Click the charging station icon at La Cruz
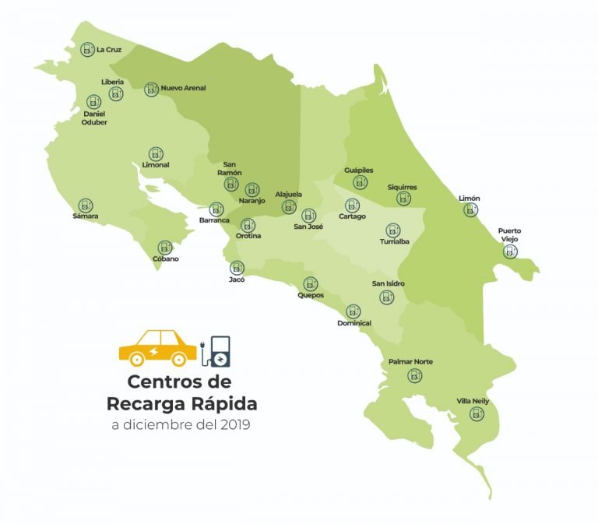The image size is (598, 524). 87,50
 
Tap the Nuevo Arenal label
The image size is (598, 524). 183,89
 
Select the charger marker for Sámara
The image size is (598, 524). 86,204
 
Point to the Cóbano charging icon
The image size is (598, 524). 165,248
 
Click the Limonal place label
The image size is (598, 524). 156,165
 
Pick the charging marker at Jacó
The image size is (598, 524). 237,267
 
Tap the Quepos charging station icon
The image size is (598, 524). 311,284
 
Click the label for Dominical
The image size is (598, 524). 354,323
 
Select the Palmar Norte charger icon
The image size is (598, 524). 414,375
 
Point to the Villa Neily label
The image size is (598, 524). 475,401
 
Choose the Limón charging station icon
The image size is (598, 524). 470,210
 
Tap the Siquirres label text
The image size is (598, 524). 403,188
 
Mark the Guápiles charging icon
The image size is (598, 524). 360,182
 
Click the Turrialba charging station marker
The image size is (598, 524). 393,230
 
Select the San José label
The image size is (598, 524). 309,227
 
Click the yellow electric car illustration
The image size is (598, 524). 158,347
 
